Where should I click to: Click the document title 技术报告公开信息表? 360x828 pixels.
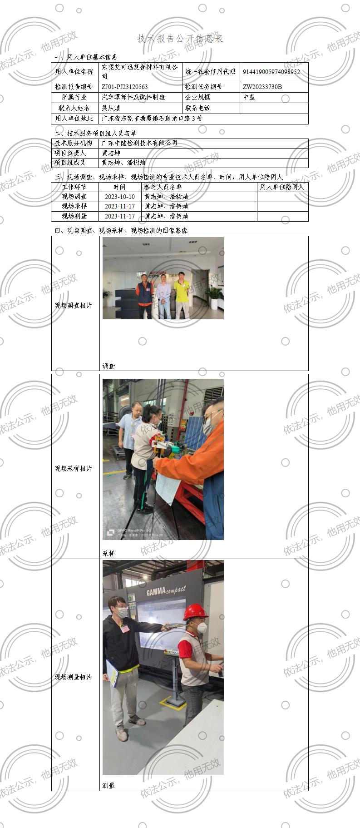click(x=180, y=39)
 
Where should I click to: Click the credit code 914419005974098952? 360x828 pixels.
click(x=271, y=72)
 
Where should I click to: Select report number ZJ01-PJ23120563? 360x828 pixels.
click(x=125, y=87)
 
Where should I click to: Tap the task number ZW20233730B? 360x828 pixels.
click(x=262, y=87)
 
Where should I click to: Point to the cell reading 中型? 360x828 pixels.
click(x=249, y=97)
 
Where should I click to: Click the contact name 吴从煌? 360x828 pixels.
click(x=111, y=108)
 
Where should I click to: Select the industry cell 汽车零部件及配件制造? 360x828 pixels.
click(x=133, y=97)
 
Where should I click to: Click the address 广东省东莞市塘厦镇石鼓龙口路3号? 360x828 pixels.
click(x=152, y=119)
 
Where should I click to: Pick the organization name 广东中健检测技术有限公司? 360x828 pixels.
click(x=139, y=143)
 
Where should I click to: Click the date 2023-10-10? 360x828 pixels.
click(x=119, y=197)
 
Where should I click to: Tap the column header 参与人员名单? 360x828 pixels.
click(x=163, y=187)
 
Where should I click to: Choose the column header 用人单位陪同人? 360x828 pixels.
click(x=282, y=187)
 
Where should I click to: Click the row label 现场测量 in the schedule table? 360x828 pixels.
click(x=74, y=216)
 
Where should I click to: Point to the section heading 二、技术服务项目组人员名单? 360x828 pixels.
click(x=95, y=134)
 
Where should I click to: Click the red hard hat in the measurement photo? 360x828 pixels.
click(x=195, y=611)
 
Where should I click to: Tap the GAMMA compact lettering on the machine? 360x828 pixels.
click(x=166, y=591)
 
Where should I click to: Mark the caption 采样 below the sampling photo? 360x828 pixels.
click(x=108, y=554)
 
